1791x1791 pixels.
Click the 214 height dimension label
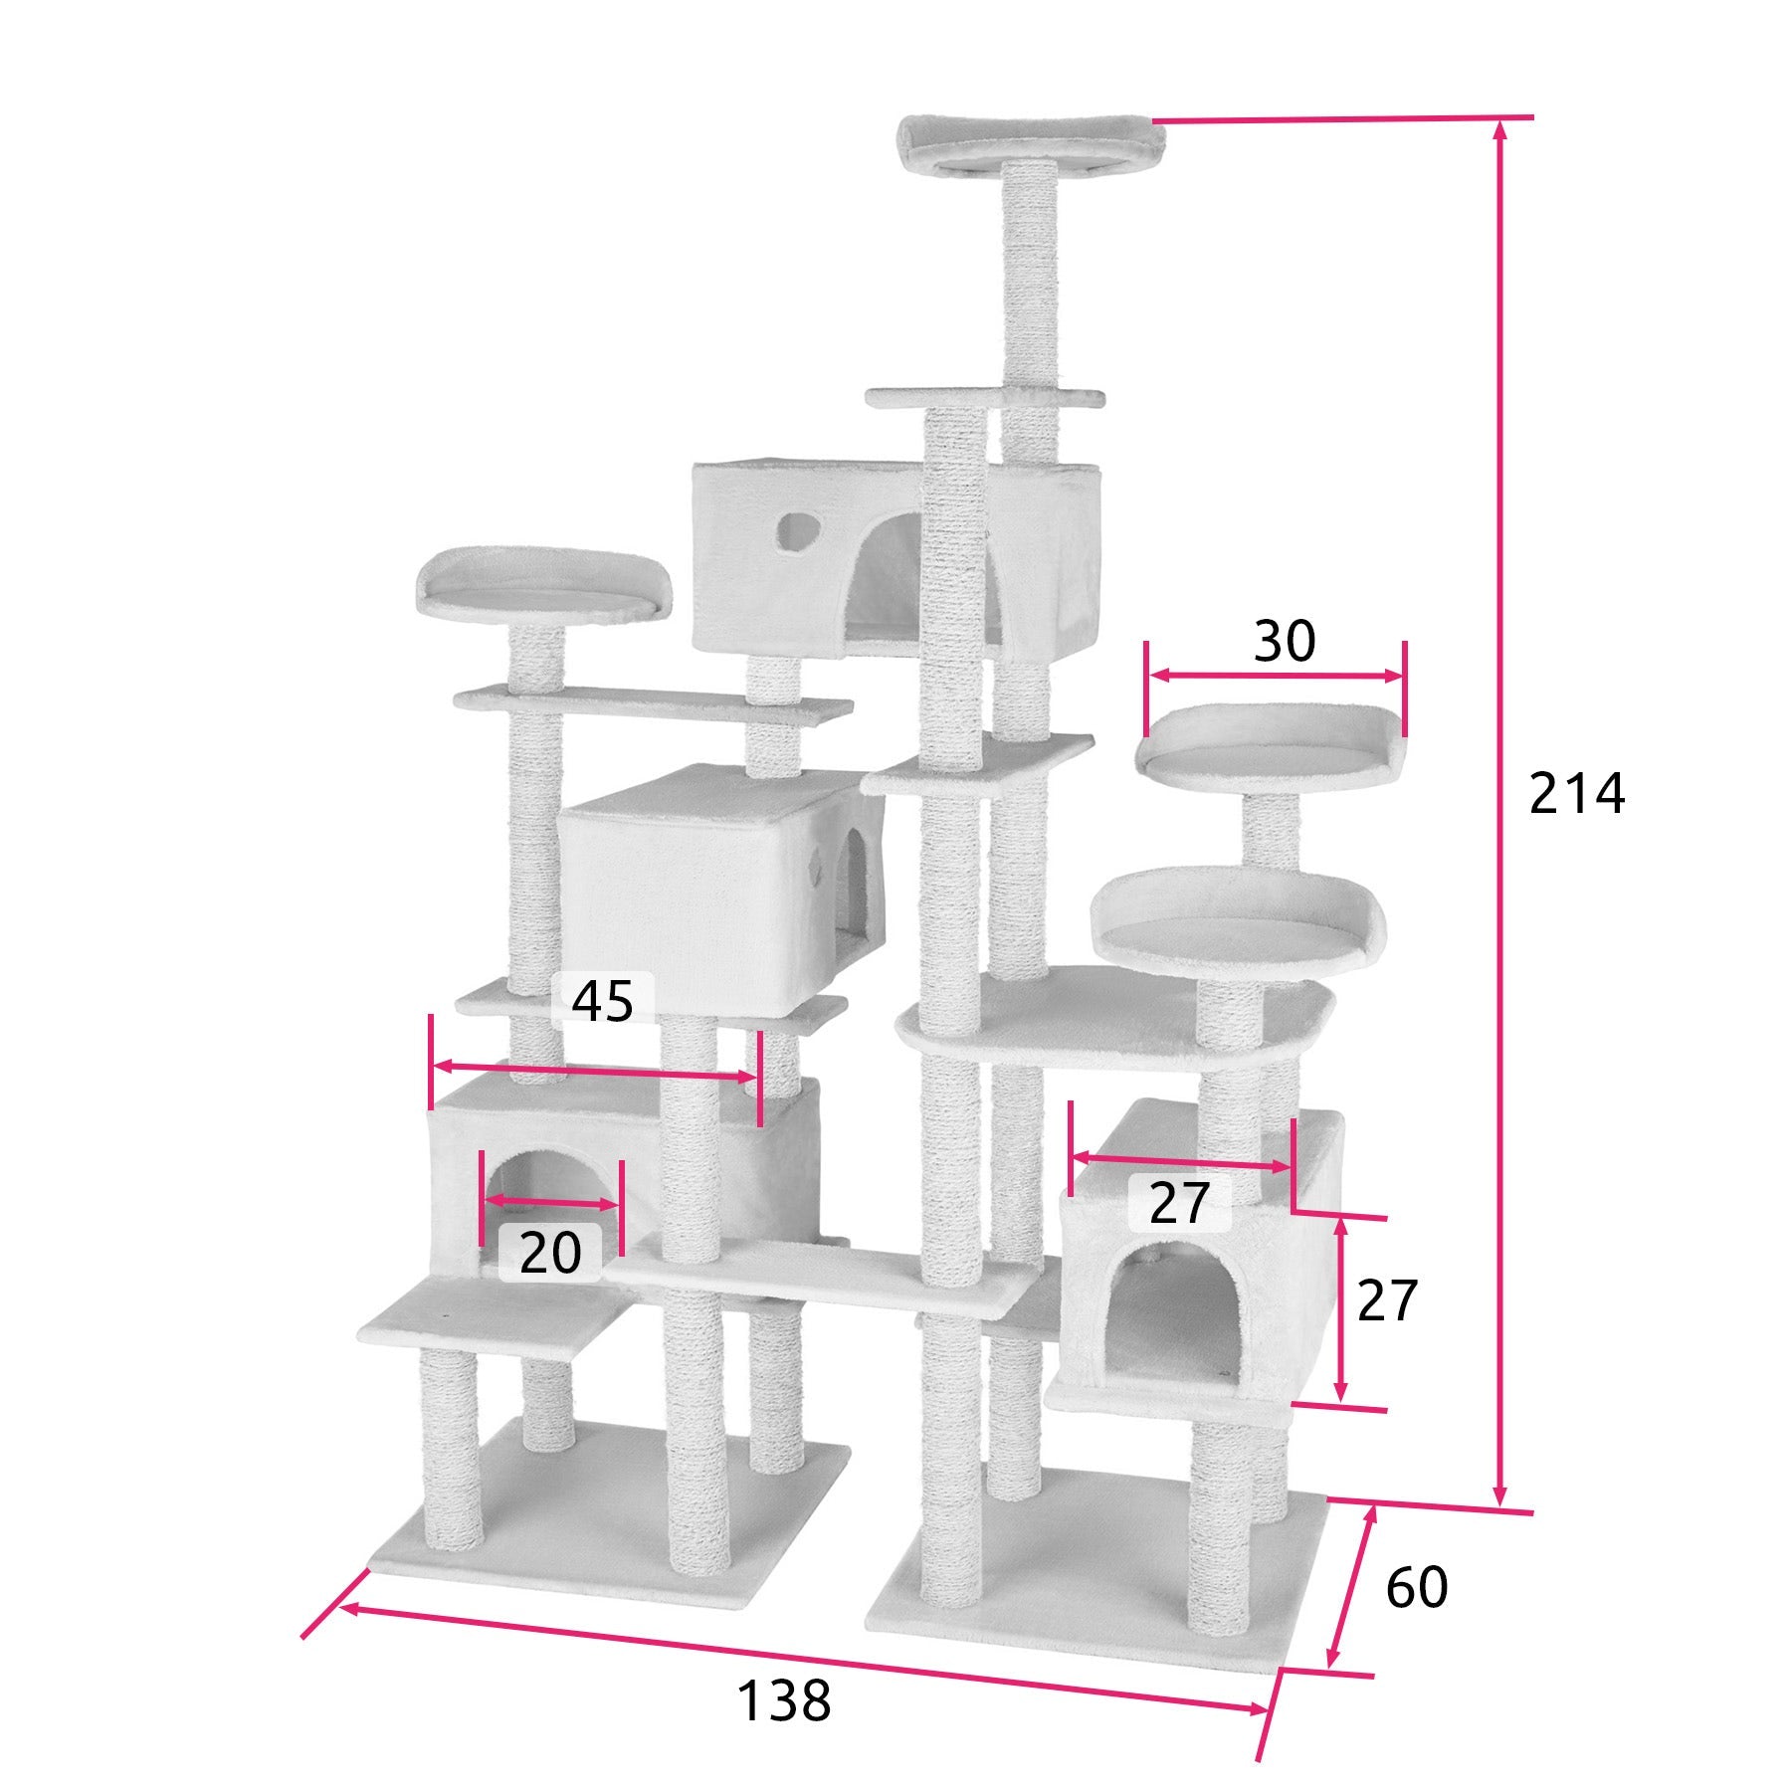tap(1576, 794)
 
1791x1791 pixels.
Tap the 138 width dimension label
tap(783, 1701)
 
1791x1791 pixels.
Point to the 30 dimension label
tap(1284, 641)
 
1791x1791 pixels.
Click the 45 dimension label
tap(603, 1001)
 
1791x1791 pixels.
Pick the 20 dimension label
tap(550, 1252)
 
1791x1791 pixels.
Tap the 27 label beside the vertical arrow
tap(1386, 1300)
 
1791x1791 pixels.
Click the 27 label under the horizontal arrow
tap(1179, 1204)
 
